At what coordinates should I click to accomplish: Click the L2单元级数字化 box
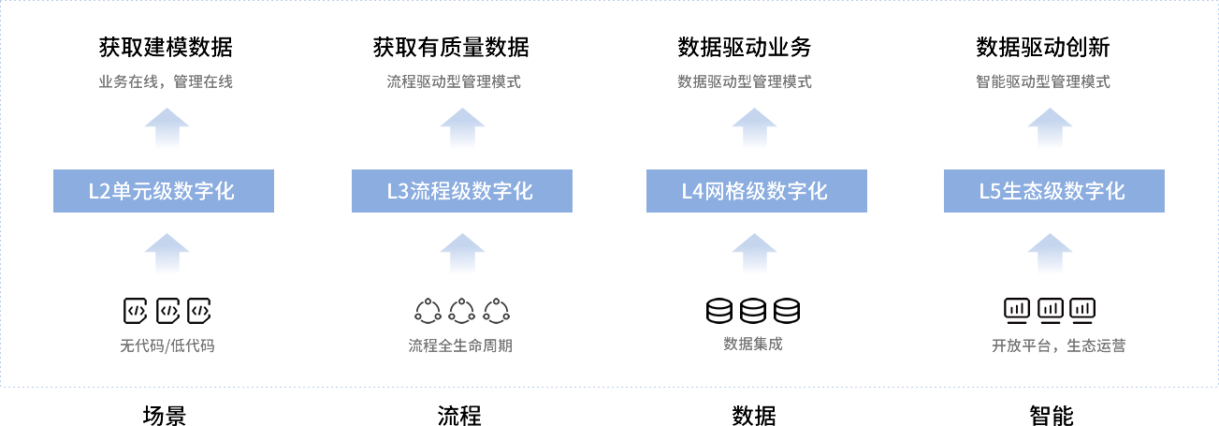(163, 191)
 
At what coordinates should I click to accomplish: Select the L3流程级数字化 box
(461, 191)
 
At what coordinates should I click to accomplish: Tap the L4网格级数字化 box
(756, 191)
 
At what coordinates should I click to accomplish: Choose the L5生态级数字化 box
(1053, 191)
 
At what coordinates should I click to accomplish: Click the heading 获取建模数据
(166, 47)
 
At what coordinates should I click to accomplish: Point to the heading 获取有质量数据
(450, 47)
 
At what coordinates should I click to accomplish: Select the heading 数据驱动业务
(744, 47)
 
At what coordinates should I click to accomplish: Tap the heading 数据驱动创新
(1042, 47)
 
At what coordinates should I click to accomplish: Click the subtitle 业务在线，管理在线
(166, 82)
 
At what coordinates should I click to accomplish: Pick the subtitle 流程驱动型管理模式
(454, 82)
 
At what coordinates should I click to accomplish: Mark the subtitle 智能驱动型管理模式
(1042, 82)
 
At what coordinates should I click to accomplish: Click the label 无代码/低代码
(167, 345)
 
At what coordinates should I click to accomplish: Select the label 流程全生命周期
(460, 345)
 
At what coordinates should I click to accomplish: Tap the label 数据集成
(752, 344)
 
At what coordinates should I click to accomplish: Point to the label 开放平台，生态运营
(1058, 345)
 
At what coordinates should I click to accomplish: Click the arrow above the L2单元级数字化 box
(167, 128)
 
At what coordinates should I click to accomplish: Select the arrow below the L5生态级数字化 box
(1050, 254)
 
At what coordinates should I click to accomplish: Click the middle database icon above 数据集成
(753, 310)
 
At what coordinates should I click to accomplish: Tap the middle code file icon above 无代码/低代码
(167, 310)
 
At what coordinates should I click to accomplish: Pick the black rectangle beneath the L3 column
(459, 415)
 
